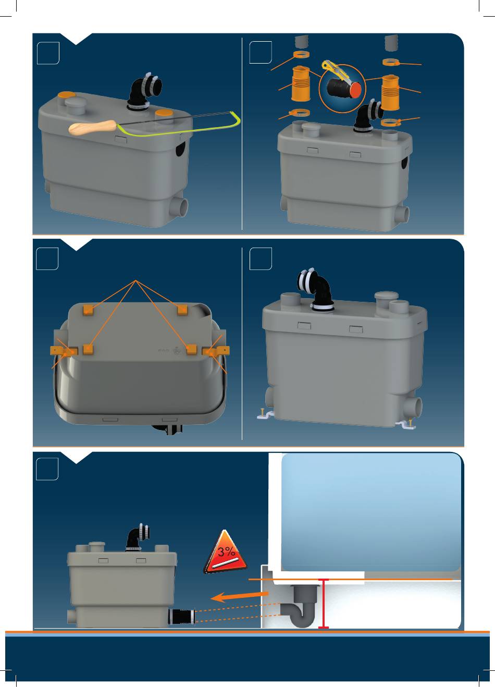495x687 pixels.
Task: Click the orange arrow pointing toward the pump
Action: click(x=240, y=596)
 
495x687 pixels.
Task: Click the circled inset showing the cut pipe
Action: click(x=342, y=88)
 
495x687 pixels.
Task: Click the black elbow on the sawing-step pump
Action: click(x=143, y=91)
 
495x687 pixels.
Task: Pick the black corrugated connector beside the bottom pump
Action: click(x=181, y=617)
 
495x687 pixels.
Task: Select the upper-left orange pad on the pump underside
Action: click(x=88, y=310)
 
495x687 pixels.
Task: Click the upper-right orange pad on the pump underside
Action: click(x=182, y=310)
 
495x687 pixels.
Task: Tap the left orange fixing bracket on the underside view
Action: click(x=64, y=351)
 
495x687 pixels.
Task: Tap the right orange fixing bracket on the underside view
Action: click(x=216, y=351)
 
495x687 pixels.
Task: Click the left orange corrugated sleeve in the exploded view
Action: click(x=300, y=83)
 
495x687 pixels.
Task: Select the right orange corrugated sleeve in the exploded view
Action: click(x=390, y=92)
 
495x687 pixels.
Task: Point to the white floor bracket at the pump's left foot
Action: click(x=265, y=415)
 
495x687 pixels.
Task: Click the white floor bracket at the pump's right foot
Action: click(x=406, y=424)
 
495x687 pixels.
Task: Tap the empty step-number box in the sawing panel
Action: click(x=48, y=53)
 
